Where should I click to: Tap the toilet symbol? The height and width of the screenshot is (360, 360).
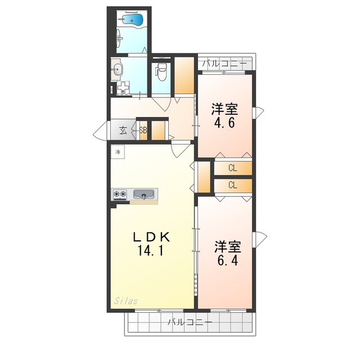161,72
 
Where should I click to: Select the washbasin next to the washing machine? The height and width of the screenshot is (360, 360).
118,69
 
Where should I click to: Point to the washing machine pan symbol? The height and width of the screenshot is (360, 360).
123,88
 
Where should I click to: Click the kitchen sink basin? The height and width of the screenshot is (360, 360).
144,194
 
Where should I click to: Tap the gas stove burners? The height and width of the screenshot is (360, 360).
120,194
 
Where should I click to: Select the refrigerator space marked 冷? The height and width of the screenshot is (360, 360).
118,152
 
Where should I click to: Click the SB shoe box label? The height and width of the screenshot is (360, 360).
143,130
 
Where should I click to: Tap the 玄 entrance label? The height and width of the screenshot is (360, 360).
123,130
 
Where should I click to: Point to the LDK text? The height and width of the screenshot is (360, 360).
152,237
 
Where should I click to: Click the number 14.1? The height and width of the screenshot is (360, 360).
150,250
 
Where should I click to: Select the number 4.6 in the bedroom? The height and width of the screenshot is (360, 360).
224,123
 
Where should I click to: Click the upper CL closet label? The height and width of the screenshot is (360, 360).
232,168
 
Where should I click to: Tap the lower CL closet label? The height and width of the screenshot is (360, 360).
232,185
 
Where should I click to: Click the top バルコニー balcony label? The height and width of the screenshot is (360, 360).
224,63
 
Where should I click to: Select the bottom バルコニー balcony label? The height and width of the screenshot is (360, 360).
190,322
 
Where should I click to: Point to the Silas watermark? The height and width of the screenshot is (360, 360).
126,301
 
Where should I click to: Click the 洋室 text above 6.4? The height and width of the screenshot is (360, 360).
227,247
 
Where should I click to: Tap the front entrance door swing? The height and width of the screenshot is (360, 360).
100,132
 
